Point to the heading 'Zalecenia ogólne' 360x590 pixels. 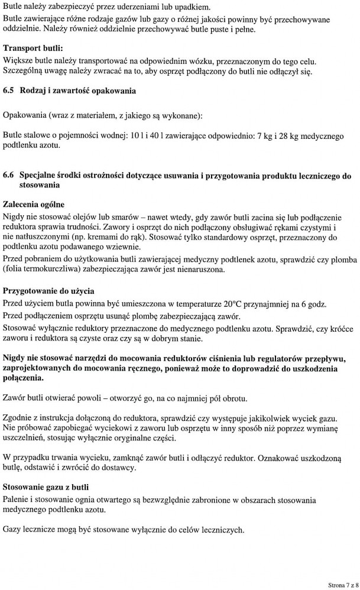point(35,203)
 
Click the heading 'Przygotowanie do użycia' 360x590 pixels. point(48,291)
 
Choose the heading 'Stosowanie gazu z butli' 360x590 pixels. point(46,488)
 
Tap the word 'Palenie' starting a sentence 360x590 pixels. point(17,500)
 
